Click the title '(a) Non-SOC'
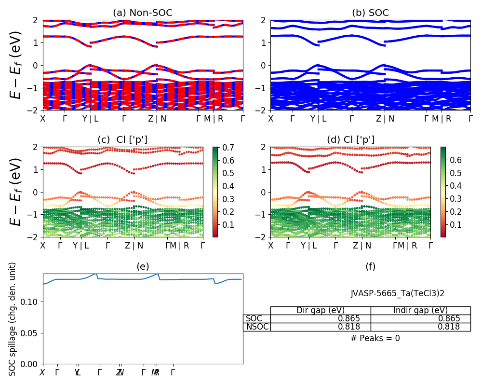[x=143, y=13]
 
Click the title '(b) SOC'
[x=370, y=13]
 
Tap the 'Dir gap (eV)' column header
[x=321, y=310]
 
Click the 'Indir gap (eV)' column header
[x=420, y=310]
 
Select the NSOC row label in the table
[x=256, y=327]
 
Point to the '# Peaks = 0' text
[x=375, y=338]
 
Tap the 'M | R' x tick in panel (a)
[x=214, y=118]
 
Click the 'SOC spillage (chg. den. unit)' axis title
[x=13, y=319]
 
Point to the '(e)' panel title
[x=143, y=266]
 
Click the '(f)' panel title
[x=370, y=266]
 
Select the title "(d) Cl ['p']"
[x=350, y=140]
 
